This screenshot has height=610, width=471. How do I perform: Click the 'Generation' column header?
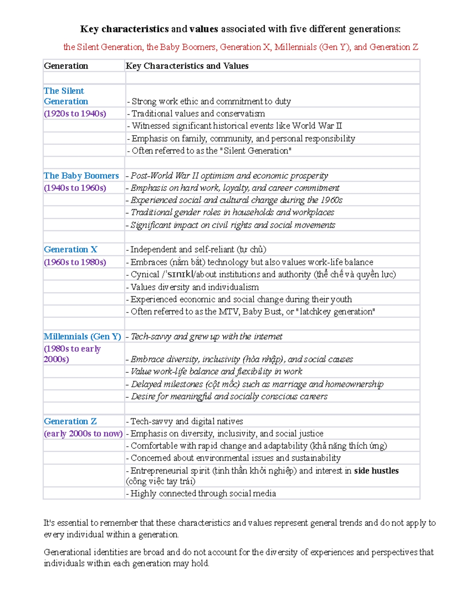tap(66, 66)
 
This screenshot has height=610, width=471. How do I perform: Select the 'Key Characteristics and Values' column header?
tap(187, 66)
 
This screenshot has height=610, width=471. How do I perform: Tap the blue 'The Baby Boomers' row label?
tap(81, 176)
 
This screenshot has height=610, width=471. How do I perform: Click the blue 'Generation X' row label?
tap(71, 249)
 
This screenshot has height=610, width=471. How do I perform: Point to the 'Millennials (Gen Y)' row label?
tap(82, 337)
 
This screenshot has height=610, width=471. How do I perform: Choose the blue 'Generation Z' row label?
tap(70, 421)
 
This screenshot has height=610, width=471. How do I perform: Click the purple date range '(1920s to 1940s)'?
tap(75, 114)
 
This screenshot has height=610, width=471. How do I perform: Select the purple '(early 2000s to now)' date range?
tap(83, 434)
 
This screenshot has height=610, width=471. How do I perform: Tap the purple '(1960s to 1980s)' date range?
tap(75, 262)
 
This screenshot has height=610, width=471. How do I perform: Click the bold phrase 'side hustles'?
tap(376, 471)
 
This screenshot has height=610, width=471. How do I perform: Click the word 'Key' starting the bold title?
tap(89, 29)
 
